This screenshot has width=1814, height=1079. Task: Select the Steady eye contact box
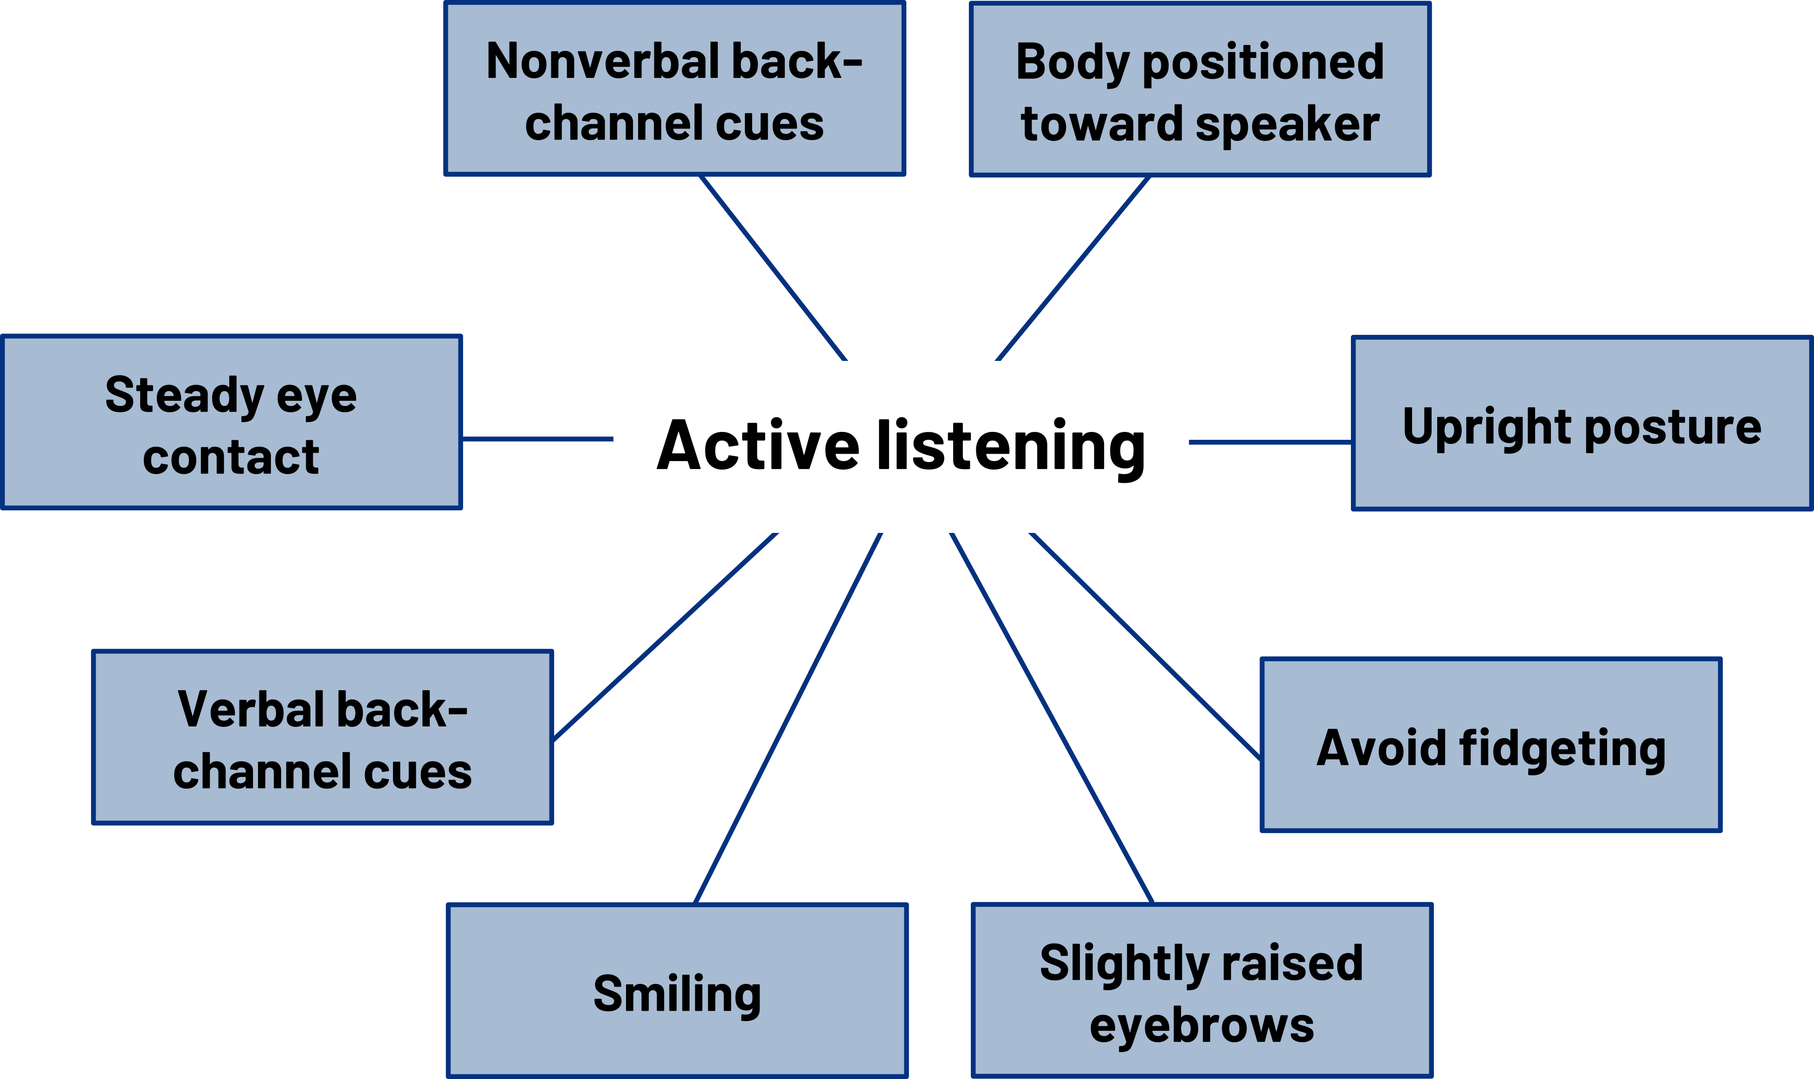coord(231,423)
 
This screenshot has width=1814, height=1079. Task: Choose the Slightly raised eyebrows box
coord(1201,990)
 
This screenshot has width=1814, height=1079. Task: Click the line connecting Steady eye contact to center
coord(537,438)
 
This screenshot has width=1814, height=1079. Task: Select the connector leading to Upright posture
coord(1270,441)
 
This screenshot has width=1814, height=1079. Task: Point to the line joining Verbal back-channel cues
coord(665,636)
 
